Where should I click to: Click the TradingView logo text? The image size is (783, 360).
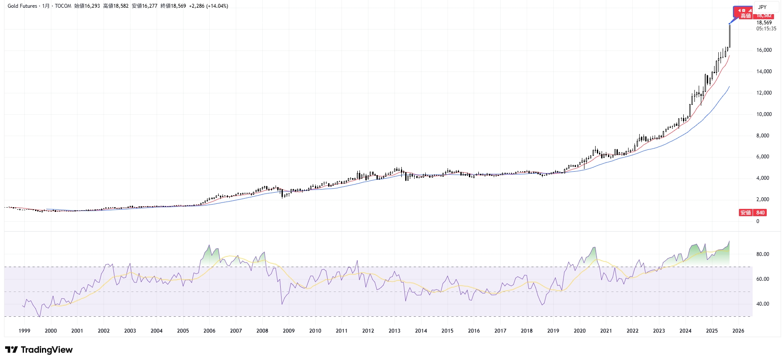click(46, 350)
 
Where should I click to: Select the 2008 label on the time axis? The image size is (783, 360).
click(262, 330)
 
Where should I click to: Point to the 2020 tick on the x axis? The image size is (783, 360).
click(580, 330)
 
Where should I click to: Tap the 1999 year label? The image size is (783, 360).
click(24, 330)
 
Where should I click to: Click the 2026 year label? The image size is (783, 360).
click(738, 330)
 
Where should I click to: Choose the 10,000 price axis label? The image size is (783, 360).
click(764, 114)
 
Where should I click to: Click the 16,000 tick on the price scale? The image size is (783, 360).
click(764, 50)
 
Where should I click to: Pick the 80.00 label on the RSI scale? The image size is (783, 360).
click(762, 254)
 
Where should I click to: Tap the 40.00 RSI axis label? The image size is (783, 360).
click(762, 304)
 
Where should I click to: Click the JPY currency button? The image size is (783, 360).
click(762, 7)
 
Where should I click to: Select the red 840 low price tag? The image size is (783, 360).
click(760, 213)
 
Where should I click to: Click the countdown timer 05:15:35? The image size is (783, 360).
click(766, 29)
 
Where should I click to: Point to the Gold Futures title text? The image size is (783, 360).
click(22, 6)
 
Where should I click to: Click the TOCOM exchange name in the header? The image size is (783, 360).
click(63, 6)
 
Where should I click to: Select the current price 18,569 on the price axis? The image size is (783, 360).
click(764, 23)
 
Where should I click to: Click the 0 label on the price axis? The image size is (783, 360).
click(758, 221)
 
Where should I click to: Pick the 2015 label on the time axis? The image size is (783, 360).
click(447, 330)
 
